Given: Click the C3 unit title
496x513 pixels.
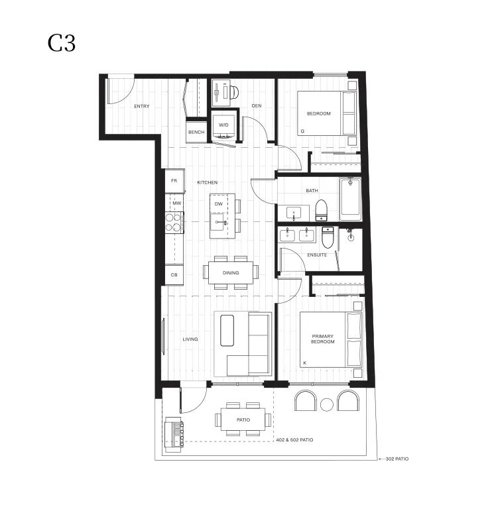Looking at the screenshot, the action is [62, 43].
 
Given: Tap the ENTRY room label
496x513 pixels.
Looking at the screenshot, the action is [142, 106].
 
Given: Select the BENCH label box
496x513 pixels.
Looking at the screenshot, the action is [196, 132].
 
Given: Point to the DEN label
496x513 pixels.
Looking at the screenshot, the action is [257, 105].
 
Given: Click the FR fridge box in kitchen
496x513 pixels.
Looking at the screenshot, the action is [174, 180].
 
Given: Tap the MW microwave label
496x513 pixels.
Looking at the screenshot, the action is [177, 203].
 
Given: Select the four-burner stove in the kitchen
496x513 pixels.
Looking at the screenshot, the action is [174, 223].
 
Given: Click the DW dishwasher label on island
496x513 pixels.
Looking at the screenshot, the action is [219, 204].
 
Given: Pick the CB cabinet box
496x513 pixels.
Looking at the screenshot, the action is [174, 274].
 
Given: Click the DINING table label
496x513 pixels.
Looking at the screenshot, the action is [231, 273].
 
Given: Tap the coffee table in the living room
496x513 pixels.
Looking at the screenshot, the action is [227, 331].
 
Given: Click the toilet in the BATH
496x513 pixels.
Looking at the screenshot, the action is [321, 210].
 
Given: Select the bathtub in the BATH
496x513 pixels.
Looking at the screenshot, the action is [350, 199].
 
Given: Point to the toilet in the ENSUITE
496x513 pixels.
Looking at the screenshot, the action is [328, 237].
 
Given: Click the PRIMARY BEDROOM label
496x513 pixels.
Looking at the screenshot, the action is [322, 339].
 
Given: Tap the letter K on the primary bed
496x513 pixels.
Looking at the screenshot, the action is [305, 363].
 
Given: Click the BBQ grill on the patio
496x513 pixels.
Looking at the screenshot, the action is [174, 435].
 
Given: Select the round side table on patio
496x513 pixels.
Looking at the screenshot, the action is [327, 405].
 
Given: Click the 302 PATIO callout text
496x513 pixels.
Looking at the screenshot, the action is [397, 459].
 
